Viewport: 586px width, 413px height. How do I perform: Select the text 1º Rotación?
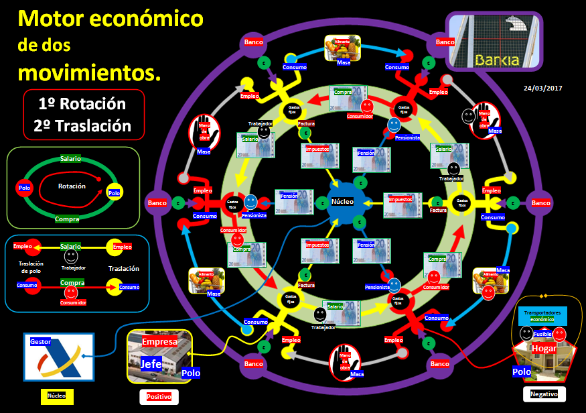(82, 104)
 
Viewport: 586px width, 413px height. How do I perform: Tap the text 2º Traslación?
(82, 125)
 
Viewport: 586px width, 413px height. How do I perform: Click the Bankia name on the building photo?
(497, 60)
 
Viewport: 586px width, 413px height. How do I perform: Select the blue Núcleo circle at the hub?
(344, 202)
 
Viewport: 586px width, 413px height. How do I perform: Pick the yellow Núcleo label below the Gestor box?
(57, 396)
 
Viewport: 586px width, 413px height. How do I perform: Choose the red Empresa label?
(159, 342)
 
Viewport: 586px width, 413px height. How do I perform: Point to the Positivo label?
(159, 397)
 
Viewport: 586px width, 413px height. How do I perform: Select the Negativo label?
(544, 394)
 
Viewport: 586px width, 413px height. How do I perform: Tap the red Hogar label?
(543, 349)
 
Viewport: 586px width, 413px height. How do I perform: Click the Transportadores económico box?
(542, 316)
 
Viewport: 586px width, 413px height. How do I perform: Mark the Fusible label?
(542, 333)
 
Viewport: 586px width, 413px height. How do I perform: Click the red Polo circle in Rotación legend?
(25, 188)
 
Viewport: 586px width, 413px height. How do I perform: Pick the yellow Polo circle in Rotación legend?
(114, 193)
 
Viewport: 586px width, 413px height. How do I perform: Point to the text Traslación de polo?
(31, 268)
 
